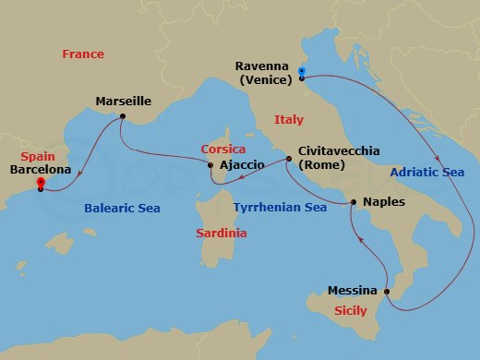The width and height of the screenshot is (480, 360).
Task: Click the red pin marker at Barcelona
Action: pyautogui.click(x=40, y=183)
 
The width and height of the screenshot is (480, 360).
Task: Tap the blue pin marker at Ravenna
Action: pyautogui.click(x=302, y=73)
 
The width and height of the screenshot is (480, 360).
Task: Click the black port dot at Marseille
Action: pyautogui.click(x=123, y=116)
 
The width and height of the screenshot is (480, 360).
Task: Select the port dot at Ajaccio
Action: pyautogui.click(x=211, y=166)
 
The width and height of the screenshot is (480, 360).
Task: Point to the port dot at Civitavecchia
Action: pyautogui.click(x=287, y=159)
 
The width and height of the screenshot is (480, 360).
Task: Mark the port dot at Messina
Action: pyautogui.click(x=387, y=293)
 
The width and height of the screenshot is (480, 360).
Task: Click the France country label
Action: pyautogui.click(x=83, y=54)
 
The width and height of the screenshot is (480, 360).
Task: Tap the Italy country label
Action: pyautogui.click(x=288, y=120)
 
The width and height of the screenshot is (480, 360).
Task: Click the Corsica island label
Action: pyautogui.click(x=224, y=149)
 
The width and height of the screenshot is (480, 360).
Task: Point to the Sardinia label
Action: pyautogui.click(x=222, y=234)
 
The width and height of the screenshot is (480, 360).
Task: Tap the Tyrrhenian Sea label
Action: pyautogui.click(x=280, y=208)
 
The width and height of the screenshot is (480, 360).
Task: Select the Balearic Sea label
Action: pyautogui.click(x=122, y=209)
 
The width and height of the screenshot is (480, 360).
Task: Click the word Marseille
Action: pyautogui.click(x=123, y=102)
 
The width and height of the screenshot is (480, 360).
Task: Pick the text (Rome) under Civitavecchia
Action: pyautogui.click(x=321, y=165)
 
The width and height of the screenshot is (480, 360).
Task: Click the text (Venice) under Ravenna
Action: pyautogui.click(x=264, y=79)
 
